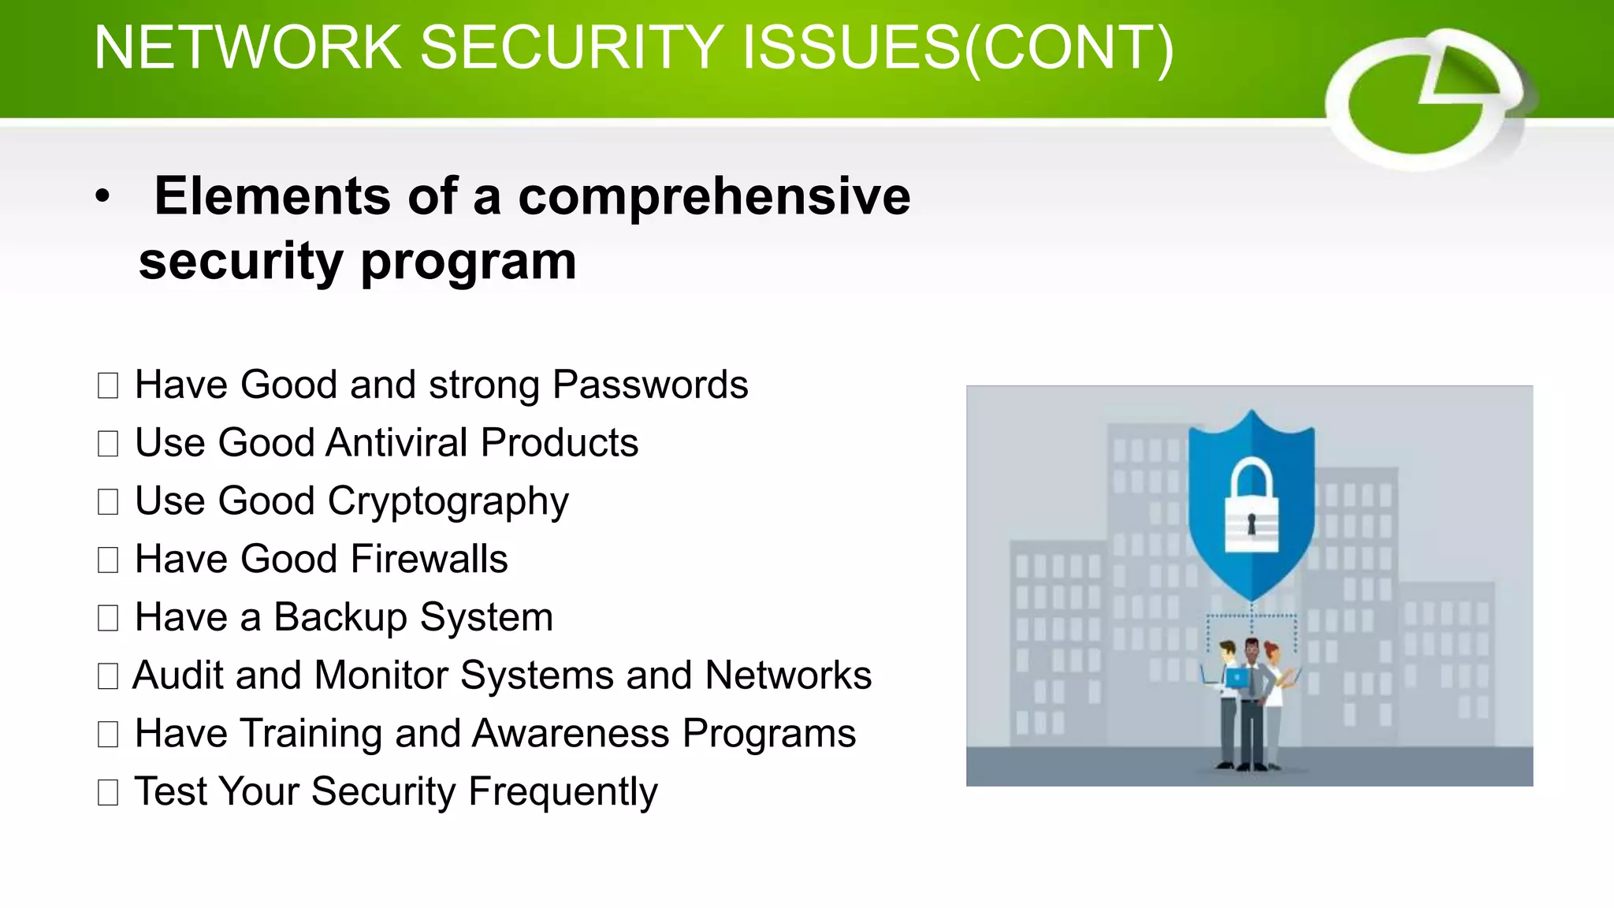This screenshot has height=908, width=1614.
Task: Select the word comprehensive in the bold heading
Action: tap(714, 196)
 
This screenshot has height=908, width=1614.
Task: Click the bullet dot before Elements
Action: tap(102, 197)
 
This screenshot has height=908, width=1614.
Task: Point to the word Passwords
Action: tap(650, 385)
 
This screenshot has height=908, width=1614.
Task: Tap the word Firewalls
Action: tap(430, 559)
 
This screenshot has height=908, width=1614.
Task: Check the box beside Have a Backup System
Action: tap(108, 618)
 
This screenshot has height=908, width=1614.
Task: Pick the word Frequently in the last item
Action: tap(563, 792)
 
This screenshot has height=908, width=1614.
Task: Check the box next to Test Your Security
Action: tap(108, 792)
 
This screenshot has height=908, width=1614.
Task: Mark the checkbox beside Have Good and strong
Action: tap(108, 385)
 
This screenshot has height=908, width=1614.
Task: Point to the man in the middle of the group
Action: tap(1251, 701)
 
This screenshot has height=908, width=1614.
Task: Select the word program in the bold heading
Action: tap(468, 262)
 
